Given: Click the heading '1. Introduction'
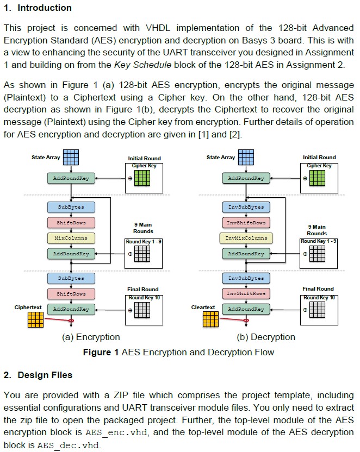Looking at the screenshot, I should pos(38,8).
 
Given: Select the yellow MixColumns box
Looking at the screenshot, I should pos(71,238).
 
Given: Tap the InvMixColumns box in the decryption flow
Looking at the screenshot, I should pos(246,238).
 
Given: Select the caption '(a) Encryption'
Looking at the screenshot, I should pos(91,337).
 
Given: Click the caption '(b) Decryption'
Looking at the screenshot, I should pos(266,337).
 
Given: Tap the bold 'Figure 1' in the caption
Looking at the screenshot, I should pos(101,352).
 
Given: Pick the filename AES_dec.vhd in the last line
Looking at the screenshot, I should pos(61,445).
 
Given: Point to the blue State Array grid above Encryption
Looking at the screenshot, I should pos(71,158).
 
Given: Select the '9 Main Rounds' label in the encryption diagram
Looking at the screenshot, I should pos(142,228).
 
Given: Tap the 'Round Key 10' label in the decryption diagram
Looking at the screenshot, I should pos(318,298).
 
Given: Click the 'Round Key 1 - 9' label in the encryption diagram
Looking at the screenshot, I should pos(143,241).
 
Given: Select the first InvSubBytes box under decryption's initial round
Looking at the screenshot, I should pos(246,207).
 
